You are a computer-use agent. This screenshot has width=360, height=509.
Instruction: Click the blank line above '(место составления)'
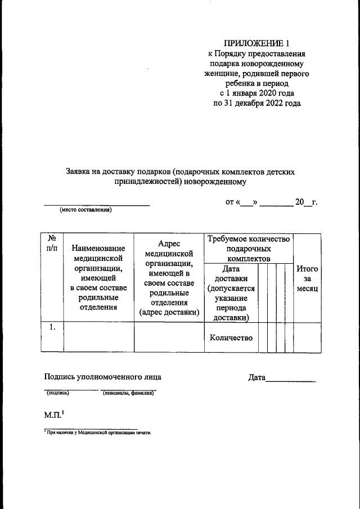(97, 205)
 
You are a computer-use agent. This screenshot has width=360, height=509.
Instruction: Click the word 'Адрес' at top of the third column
(169, 243)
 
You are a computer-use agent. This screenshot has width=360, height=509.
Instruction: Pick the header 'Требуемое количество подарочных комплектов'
(248, 249)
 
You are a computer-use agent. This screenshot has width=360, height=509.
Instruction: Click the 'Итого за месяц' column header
(307, 278)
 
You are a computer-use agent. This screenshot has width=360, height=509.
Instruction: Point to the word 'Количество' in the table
(231, 338)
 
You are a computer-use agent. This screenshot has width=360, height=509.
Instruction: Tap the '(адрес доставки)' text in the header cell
(169, 313)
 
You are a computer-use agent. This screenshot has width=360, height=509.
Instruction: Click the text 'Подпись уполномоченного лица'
(106, 377)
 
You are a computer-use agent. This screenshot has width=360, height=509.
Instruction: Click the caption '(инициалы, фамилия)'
(129, 394)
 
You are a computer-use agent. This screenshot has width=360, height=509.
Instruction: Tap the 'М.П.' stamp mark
(53, 416)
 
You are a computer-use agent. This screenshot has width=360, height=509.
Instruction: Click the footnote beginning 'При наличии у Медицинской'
(99, 434)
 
